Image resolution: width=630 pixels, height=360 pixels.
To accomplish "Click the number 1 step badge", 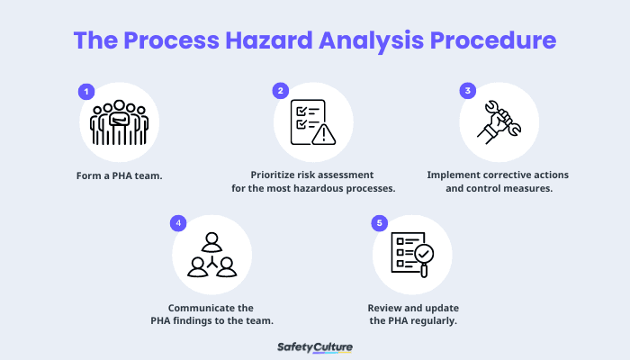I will (86, 91).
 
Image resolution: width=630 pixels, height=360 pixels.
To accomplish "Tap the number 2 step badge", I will (281, 91).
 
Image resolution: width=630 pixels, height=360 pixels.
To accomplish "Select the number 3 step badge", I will (467, 91).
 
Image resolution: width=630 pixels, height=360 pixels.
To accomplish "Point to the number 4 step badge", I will (178, 222).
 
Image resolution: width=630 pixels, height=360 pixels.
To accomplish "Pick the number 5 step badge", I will (380, 222).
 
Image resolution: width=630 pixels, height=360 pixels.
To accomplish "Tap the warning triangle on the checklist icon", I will (322, 135).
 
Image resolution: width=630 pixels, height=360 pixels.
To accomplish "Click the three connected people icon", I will (211, 255).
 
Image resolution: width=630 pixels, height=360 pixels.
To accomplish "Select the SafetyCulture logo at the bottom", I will (315, 346).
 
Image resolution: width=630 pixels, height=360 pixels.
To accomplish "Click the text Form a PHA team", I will (119, 175).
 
